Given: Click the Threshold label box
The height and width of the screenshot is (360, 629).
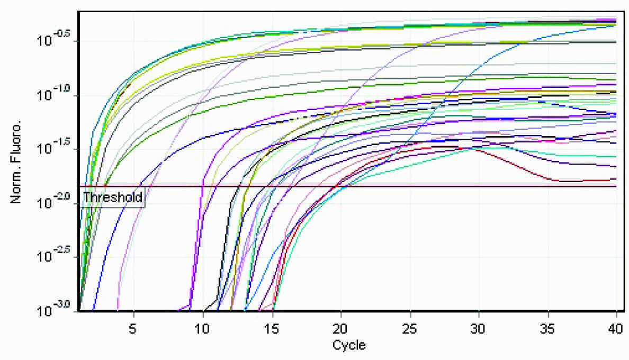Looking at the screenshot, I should [113, 198].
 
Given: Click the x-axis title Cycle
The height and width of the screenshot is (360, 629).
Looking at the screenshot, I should [348, 346].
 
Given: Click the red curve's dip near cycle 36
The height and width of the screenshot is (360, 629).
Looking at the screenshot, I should [561, 181].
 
